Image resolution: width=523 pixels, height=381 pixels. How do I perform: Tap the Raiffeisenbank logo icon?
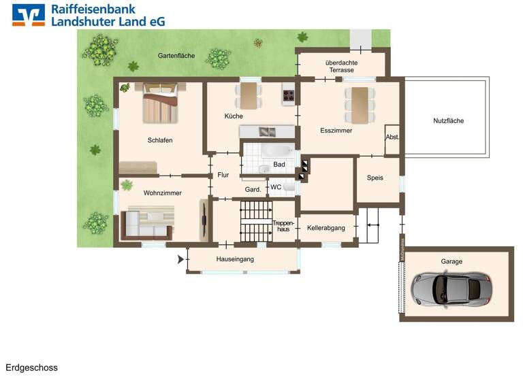coord(29,14)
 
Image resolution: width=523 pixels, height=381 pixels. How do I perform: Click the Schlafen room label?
coord(160,140)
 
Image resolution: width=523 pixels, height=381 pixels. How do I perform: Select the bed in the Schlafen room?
coord(160,102)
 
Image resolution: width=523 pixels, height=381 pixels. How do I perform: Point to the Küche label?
coord(234,116)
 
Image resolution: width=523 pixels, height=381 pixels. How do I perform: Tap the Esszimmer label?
coord(336,131)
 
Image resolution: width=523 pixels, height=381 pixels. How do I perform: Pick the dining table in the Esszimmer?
coord(359,105)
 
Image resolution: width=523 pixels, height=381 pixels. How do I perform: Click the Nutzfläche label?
coord(448,121)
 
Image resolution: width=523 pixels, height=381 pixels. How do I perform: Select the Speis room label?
coord(375,178)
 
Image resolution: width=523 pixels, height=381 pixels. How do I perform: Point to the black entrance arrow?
coord(181,259)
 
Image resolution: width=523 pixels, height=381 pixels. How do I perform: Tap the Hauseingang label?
coord(235,260)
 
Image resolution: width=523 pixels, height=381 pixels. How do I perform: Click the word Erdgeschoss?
coord(32,368)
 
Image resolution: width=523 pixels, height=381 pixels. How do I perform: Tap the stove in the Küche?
coord(289,97)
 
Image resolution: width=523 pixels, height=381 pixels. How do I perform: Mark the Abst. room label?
coord(392,137)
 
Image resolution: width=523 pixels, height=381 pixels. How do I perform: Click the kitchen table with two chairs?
coord(249,95)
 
